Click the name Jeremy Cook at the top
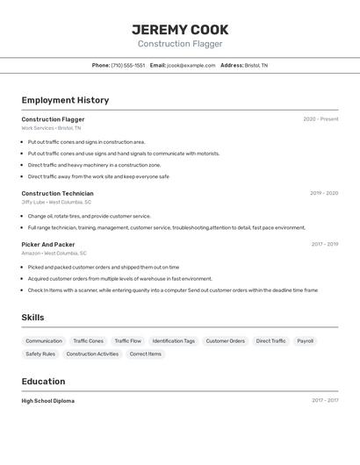[x=180, y=29]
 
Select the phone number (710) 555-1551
[x=128, y=65]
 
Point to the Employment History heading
[x=65, y=100]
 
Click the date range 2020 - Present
[x=320, y=119]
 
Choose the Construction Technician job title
[x=57, y=193]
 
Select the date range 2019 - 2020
[x=323, y=193]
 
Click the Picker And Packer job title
[x=48, y=245]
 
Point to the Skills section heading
[x=32, y=318]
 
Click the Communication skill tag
[x=44, y=340]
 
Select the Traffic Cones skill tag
[x=88, y=340]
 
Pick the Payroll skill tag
[x=305, y=340]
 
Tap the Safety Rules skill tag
[x=40, y=354]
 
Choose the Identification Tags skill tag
[x=173, y=340]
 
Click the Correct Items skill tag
[x=145, y=354]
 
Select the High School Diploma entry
[x=47, y=400]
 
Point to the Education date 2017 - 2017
[x=324, y=400]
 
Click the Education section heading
[x=43, y=382]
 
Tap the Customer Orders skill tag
[x=225, y=340]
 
